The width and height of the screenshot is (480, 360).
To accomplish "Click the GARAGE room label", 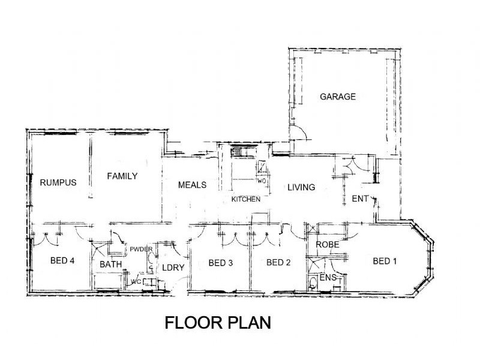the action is click(338, 97).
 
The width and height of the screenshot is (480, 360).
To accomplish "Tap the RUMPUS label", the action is click(58, 182).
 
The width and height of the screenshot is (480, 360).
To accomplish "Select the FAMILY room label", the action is click(122, 176).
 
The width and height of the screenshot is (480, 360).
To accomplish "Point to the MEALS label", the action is click(192, 185).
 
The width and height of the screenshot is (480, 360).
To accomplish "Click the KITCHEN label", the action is click(246, 199).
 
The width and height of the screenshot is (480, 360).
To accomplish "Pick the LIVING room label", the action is click(301, 187).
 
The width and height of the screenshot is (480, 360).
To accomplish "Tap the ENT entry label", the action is click(360, 199).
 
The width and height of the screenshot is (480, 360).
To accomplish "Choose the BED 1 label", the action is click(385, 261).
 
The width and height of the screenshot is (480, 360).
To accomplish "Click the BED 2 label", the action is click(278, 262).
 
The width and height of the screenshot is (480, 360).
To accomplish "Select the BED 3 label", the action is click(221, 263).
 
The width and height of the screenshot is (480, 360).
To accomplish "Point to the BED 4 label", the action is click(62, 260).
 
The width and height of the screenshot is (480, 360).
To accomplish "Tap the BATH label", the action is click(111, 264).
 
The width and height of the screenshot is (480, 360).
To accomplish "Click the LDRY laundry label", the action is click(173, 268).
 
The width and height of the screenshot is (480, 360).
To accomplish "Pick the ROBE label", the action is click(328, 245).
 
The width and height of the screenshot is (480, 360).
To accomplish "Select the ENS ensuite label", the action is click(328, 278).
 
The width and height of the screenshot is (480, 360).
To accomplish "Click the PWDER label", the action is click(141, 249).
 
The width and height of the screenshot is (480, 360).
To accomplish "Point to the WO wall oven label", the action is click(262, 181).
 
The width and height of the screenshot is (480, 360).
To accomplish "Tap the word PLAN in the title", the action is click(250, 323).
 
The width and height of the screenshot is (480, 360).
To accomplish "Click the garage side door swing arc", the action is click(301, 130).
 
